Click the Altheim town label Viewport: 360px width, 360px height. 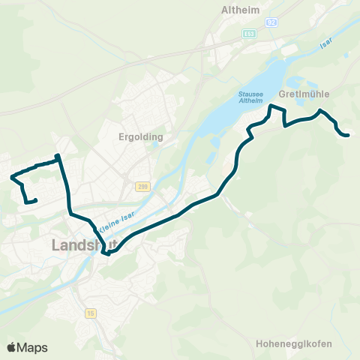[241, 10]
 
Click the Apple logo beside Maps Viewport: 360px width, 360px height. [12, 347]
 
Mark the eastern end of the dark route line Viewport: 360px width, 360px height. [349, 135]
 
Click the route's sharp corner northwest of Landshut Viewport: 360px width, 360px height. [57, 156]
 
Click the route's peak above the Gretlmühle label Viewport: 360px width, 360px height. [321, 111]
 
